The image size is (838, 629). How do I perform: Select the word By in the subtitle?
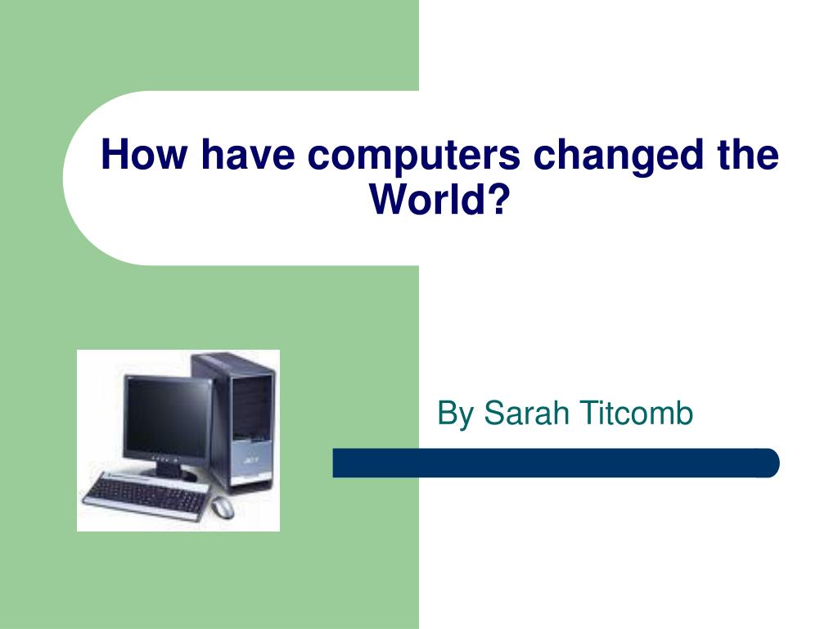456,414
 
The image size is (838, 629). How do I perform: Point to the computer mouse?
222,508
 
